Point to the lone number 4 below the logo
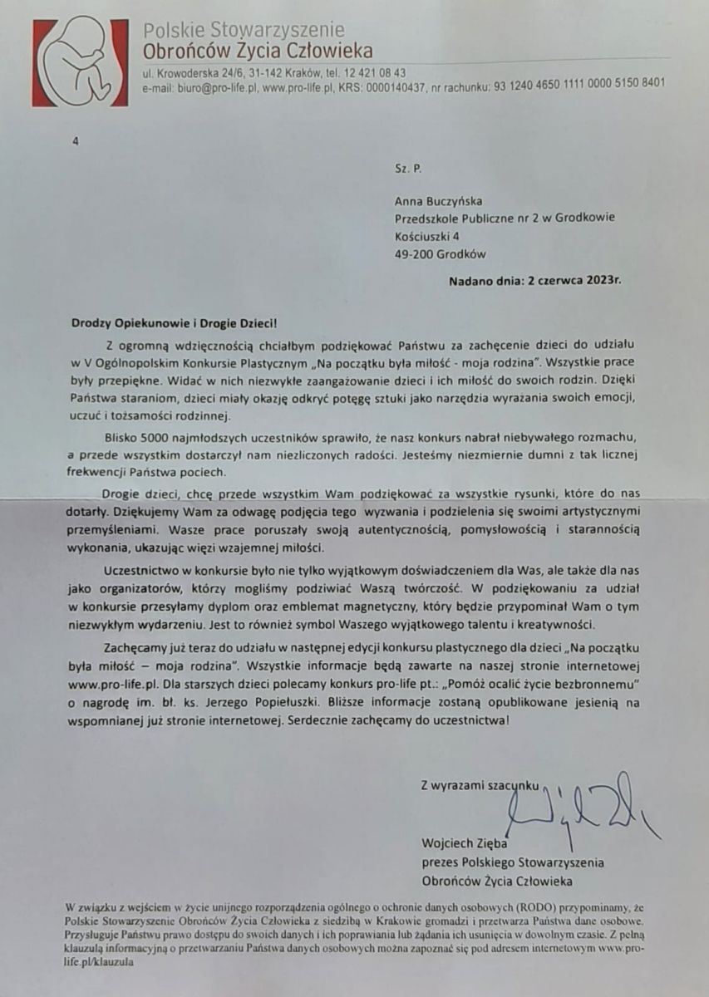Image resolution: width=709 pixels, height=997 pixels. (x=76, y=141)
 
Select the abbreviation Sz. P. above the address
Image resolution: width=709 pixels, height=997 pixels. (x=408, y=169)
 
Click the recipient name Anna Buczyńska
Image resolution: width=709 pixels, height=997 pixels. (x=437, y=200)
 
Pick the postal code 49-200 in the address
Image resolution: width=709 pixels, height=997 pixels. (x=415, y=255)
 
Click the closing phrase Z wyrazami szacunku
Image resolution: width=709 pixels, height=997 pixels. (x=480, y=784)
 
